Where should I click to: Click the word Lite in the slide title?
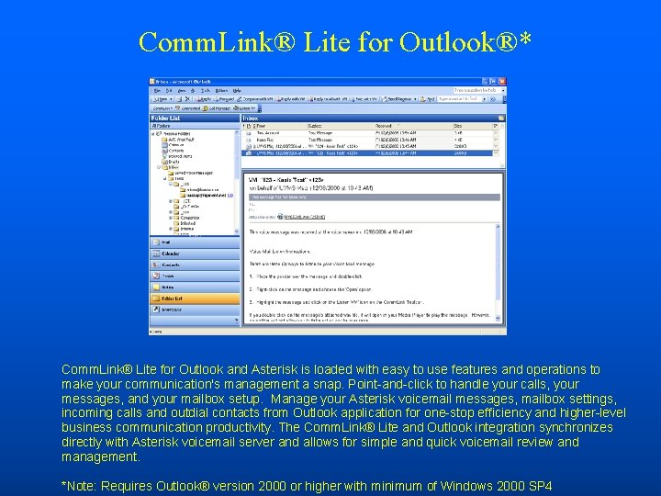click(329, 41)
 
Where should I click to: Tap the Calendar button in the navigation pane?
click(173, 254)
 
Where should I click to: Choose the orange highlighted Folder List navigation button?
click(174, 298)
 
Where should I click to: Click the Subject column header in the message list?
click(316, 125)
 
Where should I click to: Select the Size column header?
click(459, 125)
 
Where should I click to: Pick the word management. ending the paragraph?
click(101, 457)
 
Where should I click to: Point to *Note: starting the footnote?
click(80, 484)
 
